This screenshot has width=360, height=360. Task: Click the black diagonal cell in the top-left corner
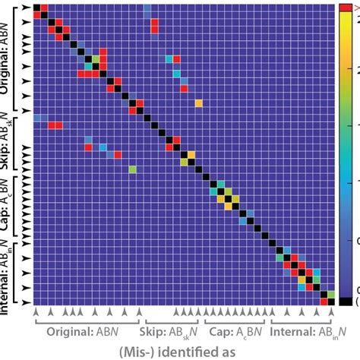[36, 7]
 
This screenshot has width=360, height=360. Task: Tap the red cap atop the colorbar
[346, 7]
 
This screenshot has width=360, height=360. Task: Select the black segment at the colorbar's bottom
[346, 302]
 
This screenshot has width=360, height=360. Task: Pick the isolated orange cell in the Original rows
[198, 103]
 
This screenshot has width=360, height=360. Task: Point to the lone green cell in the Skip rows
[132, 169]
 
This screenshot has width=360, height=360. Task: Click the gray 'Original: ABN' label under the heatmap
[85, 331]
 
